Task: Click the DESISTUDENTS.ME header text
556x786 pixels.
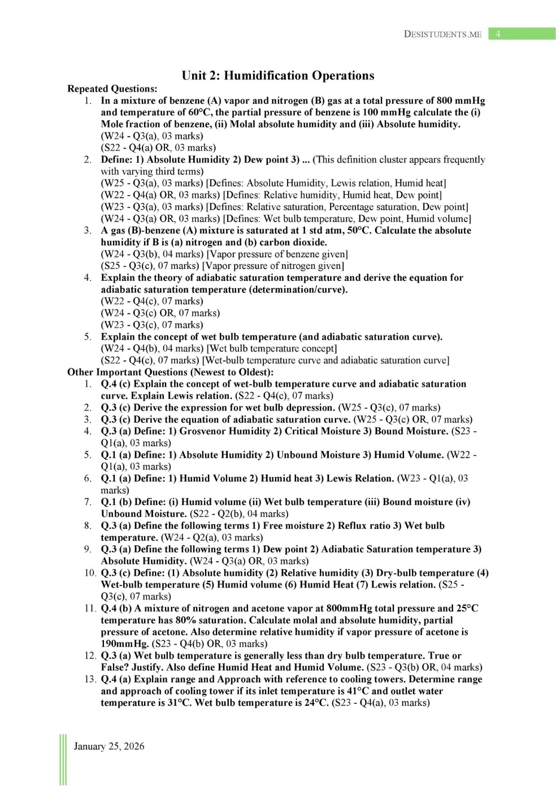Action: [442, 34]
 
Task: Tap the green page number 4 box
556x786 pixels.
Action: [522, 34]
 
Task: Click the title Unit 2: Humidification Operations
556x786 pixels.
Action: [277, 76]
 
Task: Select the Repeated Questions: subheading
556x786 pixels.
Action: [112, 89]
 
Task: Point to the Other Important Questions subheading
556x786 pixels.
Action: [170, 372]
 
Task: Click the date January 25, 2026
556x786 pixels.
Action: [109, 746]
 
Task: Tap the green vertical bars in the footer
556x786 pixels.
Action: [63, 759]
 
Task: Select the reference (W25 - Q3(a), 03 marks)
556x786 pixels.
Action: [152, 183]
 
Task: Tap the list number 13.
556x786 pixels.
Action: [90, 679]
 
